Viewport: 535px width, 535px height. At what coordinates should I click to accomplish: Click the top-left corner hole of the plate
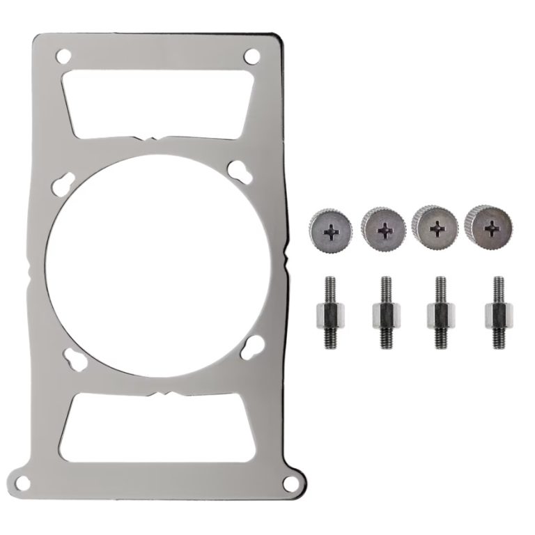coord(64,54)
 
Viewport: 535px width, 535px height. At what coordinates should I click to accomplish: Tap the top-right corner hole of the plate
coord(251,54)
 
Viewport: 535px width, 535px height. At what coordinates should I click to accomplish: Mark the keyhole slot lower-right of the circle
coord(253,343)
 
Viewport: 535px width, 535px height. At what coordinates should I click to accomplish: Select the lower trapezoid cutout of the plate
coord(158,426)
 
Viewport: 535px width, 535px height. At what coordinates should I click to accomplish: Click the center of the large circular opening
coord(158,265)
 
